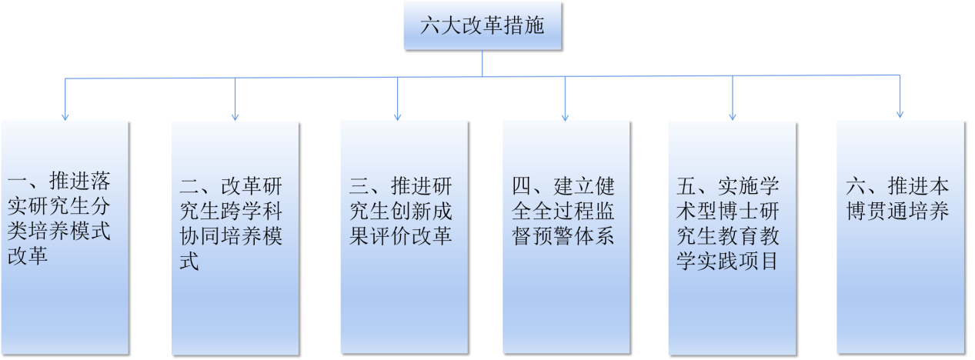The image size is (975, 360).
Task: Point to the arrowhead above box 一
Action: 65,115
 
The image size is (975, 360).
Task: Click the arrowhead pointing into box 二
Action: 235,115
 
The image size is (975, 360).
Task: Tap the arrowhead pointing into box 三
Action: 398,115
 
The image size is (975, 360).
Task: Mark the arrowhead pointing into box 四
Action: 566,115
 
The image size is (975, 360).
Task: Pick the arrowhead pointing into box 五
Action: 732,115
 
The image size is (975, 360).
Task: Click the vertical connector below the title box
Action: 482,63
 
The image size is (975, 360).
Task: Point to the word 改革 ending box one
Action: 28,255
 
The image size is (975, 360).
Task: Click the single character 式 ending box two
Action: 189,261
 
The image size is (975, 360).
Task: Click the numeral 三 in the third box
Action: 360,186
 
